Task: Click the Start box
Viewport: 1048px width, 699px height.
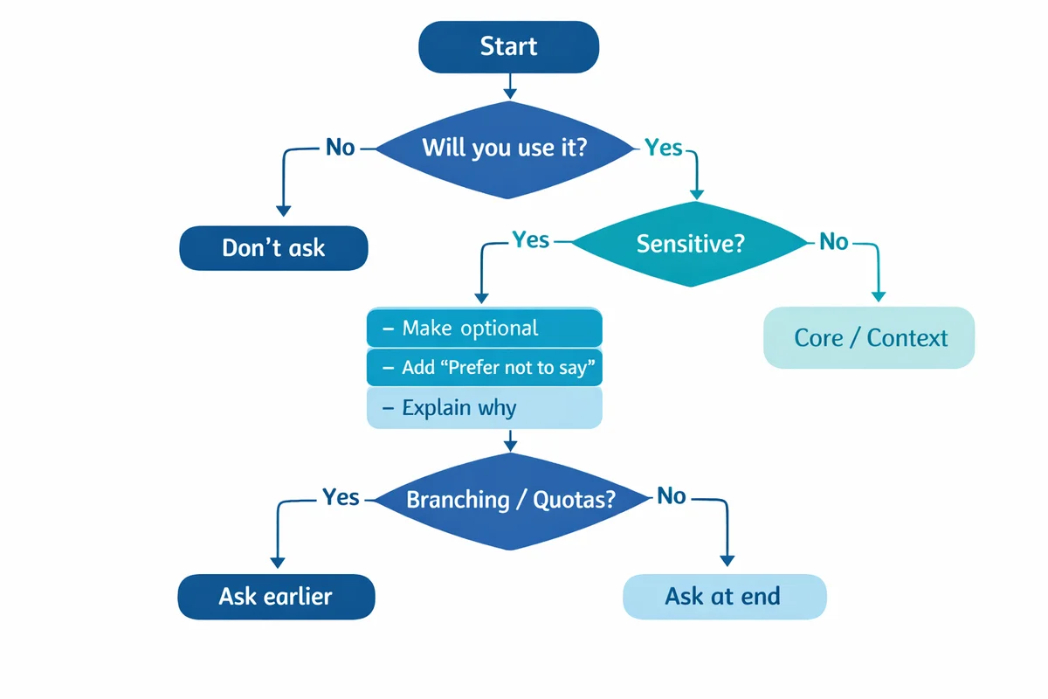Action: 509,46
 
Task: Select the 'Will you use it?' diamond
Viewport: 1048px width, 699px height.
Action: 504,148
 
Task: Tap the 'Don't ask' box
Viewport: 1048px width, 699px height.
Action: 273,248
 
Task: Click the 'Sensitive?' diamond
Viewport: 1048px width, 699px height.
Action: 690,242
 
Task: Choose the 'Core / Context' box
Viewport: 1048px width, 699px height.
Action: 869,337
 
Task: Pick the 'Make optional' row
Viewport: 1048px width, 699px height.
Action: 484,329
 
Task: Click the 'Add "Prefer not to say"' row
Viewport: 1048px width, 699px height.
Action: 484,368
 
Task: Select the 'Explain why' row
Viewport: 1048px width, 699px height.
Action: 484,408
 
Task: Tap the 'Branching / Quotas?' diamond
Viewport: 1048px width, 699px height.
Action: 511,500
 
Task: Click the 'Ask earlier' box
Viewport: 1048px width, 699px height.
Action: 276,597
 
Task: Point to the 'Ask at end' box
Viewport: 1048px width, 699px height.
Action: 723,597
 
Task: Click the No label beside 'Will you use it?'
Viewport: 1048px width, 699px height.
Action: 341,148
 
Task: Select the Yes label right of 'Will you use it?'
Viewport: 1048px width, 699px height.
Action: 664,148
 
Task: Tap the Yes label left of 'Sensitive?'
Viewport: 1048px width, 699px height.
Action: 531,239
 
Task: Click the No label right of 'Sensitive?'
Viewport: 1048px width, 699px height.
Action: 834,242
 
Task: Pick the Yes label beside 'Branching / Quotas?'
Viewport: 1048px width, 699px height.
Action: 341,497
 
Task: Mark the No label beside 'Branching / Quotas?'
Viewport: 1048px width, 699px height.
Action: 672,496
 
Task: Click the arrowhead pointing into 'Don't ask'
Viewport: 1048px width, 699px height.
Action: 283,210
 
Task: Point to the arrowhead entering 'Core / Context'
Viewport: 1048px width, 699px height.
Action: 879,296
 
